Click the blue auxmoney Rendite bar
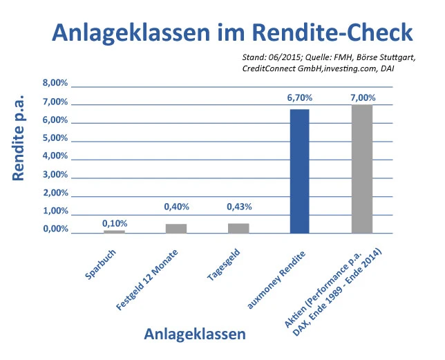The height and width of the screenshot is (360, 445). (x=299, y=171)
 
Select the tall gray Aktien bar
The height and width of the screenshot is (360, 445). (x=361, y=168)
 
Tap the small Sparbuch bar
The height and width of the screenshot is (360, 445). (x=114, y=231)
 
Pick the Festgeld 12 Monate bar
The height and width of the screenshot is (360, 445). (x=176, y=228)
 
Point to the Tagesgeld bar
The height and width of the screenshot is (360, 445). (x=238, y=228)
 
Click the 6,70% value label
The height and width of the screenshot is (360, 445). (x=300, y=98)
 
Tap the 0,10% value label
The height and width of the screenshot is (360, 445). (x=115, y=223)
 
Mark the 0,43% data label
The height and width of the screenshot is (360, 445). (x=239, y=206)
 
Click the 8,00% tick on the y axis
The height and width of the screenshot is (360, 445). (x=55, y=84)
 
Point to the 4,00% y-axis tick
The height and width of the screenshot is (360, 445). (x=55, y=156)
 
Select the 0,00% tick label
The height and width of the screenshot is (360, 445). (x=55, y=229)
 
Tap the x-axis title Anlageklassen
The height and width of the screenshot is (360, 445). (x=195, y=334)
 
